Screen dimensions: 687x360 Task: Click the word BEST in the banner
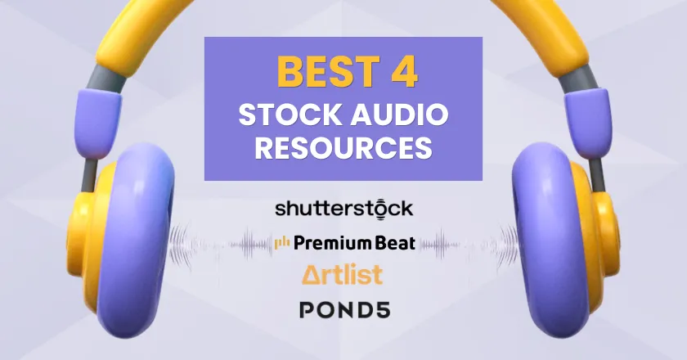pos(328,72)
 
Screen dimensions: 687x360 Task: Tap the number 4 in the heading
pos(404,72)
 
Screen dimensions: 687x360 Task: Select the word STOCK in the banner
pos(290,115)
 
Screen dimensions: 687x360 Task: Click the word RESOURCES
pos(343,148)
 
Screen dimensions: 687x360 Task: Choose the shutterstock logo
pos(343,209)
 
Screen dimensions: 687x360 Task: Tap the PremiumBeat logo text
pos(354,242)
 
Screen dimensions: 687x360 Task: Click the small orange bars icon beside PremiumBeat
pos(281,243)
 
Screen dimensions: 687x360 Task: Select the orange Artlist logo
pos(342,274)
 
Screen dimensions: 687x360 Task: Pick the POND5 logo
pos(344,309)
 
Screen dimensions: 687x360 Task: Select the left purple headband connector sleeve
pos(98,121)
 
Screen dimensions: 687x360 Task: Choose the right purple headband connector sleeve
pos(587,121)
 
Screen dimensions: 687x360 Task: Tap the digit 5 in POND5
pos(380,309)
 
